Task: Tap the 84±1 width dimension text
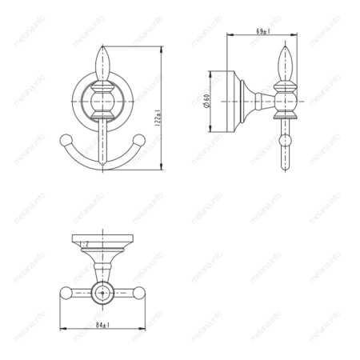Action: pos(102,325)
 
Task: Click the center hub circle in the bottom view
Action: pos(102,292)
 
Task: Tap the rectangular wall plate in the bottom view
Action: pos(102,242)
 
